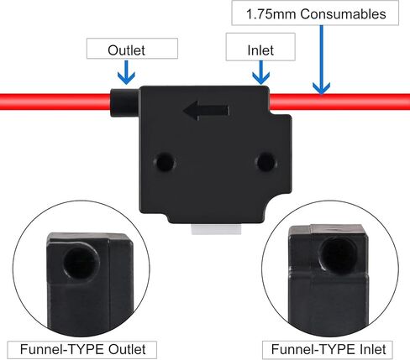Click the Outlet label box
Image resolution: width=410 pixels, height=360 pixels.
point(132,49)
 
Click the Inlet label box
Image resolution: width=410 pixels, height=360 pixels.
point(260,47)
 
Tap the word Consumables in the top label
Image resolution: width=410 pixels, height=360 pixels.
point(343,14)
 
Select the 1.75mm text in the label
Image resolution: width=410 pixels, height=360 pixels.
point(271,14)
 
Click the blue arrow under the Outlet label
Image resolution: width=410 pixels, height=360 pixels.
point(126,72)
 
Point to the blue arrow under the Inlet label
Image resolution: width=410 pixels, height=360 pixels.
point(261,72)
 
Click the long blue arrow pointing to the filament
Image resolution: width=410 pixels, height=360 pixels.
point(322,60)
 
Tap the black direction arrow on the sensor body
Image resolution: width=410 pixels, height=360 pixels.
point(206,111)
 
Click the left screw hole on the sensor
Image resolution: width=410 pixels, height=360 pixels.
point(165,162)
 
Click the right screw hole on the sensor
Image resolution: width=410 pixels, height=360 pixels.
point(265,161)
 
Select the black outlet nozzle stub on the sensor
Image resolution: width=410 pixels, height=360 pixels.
point(124,102)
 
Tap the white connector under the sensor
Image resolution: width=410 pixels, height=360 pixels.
point(216,229)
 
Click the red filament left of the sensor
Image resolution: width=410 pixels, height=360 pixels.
point(55,102)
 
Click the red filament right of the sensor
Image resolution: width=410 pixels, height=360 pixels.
point(339,102)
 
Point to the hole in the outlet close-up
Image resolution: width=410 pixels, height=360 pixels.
point(81,262)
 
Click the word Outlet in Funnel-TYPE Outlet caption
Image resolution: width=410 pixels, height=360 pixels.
point(127,349)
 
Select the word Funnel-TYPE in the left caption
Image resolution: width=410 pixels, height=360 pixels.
point(63,349)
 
